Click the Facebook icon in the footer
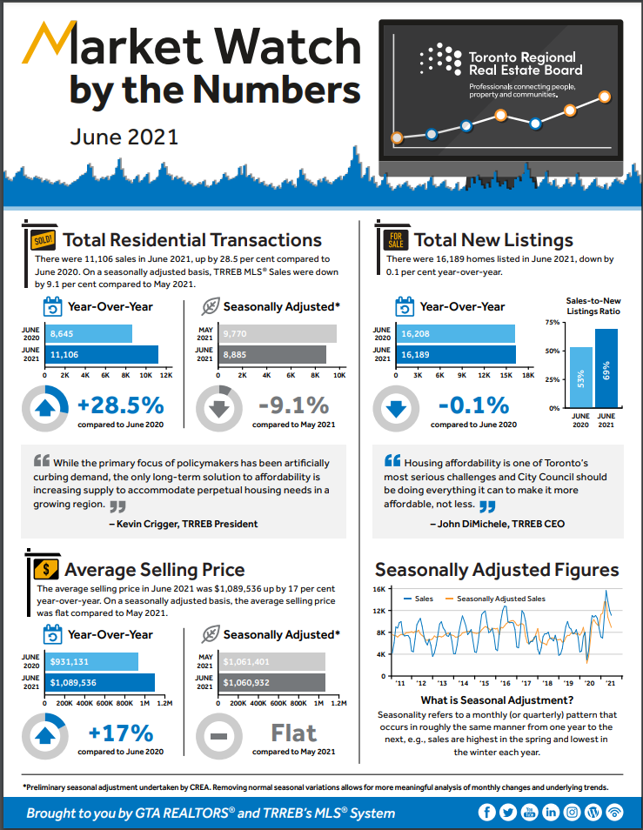[x=487, y=813]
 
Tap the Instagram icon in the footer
[x=572, y=813]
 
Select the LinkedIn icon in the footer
[x=551, y=813]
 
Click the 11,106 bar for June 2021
[x=103, y=354]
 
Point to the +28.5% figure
[x=121, y=405]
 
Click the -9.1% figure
[x=294, y=405]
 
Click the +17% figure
[x=121, y=733]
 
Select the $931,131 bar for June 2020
[x=92, y=662]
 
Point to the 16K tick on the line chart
[x=380, y=589]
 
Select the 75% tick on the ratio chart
[x=552, y=323]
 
